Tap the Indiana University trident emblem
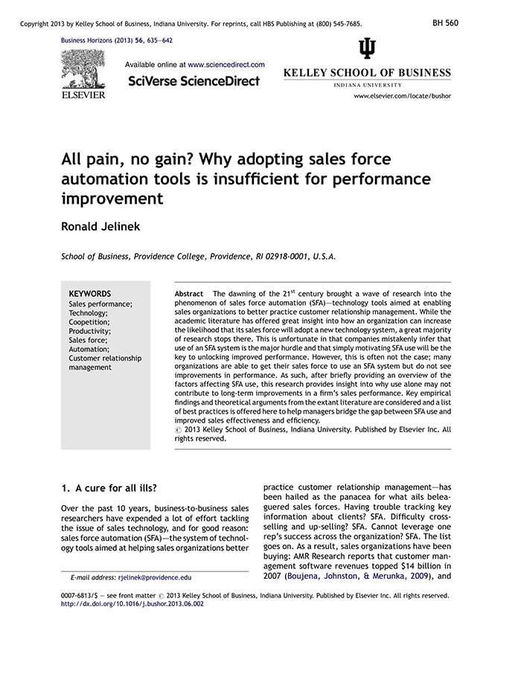click(367, 49)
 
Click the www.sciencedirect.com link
click(226, 65)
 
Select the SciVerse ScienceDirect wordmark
click(194, 81)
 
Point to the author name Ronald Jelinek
click(100, 226)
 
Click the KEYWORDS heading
click(89, 294)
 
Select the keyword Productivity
click(89, 331)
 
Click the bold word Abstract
click(188, 294)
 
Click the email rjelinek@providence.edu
click(154, 577)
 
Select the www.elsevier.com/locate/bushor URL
click(402, 96)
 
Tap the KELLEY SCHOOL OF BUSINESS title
click(367, 73)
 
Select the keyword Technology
click(88, 313)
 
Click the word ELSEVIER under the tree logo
click(83, 94)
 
